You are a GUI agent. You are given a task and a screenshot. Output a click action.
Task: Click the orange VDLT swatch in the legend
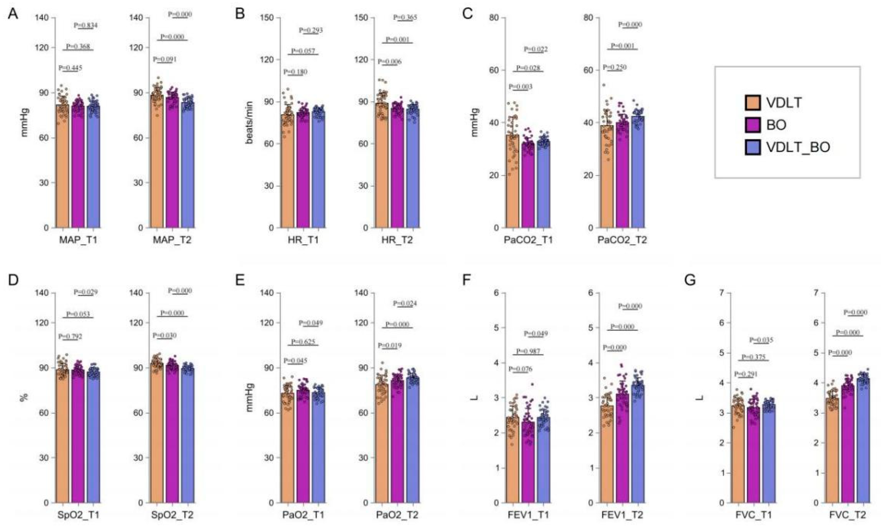(x=753, y=103)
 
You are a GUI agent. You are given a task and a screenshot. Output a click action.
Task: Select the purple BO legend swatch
(x=753, y=125)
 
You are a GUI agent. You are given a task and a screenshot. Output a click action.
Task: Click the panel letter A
(x=13, y=14)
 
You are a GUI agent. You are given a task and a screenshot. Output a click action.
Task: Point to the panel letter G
(x=690, y=280)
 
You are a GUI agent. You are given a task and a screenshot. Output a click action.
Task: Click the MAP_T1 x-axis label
(x=78, y=240)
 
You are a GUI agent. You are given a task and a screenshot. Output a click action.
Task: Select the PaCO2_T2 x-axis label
(x=622, y=240)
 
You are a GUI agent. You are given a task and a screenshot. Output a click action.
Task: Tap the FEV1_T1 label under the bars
(x=528, y=515)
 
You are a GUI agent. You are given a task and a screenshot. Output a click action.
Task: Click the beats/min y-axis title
(x=249, y=122)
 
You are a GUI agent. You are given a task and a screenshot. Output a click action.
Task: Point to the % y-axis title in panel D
(x=24, y=397)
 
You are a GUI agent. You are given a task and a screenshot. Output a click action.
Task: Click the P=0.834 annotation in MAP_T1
(x=85, y=25)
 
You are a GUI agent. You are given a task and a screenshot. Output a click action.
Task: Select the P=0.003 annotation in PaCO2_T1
(x=521, y=87)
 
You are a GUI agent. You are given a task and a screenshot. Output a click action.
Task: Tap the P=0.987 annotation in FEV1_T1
(x=528, y=351)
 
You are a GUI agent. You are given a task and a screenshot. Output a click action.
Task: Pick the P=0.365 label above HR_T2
(x=405, y=17)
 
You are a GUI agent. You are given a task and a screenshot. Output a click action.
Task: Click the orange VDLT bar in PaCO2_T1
(x=512, y=181)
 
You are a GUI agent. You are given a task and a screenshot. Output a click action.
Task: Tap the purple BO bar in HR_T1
(x=303, y=169)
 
